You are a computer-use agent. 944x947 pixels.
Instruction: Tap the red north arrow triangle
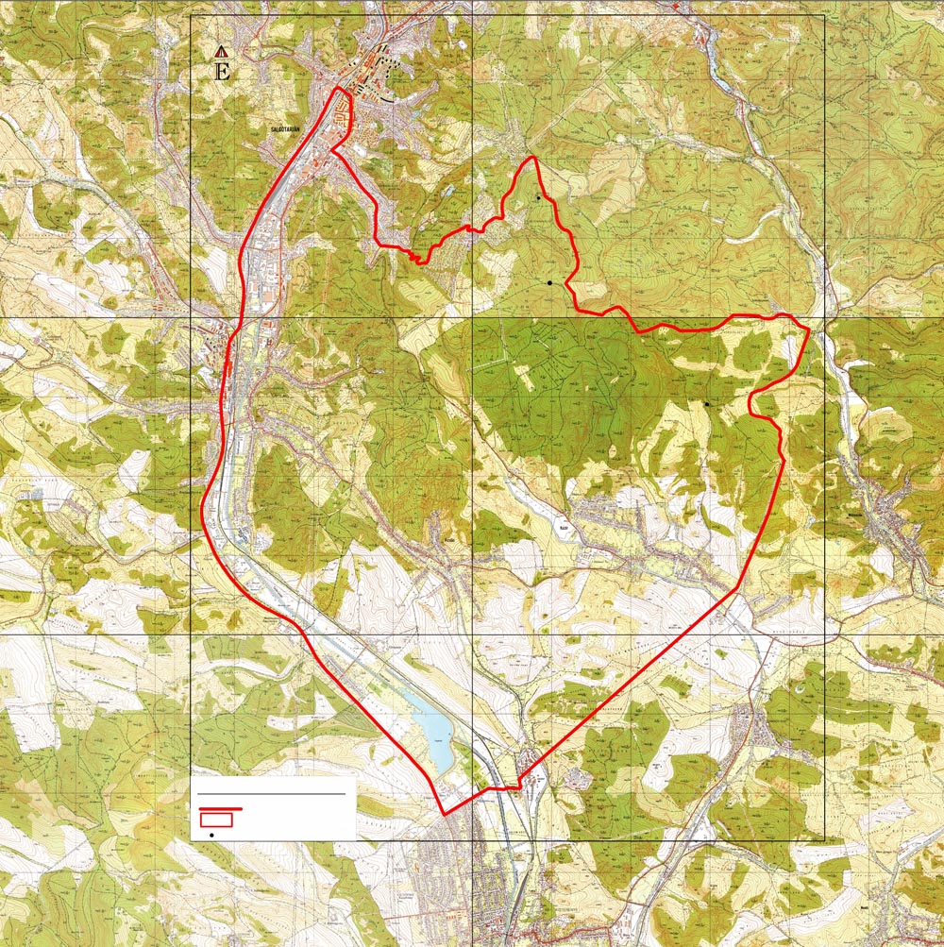coord(222,51)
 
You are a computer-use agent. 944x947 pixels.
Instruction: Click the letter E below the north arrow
coord(223,71)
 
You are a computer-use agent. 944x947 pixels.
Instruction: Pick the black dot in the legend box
coord(211,836)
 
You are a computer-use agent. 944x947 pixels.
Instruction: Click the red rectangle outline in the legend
coord(216,820)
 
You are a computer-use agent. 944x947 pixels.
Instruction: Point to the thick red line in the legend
coord(221,809)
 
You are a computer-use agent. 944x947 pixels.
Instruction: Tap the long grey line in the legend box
coord(273,795)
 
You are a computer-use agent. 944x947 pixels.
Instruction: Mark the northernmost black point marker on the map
coord(538,197)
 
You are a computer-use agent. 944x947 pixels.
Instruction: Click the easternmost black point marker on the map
coord(706,404)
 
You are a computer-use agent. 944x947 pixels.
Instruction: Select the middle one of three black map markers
coord(548,282)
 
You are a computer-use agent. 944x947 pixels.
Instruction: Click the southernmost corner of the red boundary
coord(444,814)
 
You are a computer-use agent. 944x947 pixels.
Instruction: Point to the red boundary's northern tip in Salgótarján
coord(340,89)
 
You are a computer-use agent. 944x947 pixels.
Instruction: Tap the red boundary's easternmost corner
coord(809,329)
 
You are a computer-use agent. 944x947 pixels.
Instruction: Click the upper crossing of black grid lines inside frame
coord(473,317)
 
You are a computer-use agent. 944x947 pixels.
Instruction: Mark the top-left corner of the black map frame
coord(191,16)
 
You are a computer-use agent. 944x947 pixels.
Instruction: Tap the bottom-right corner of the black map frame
coord(825,839)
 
